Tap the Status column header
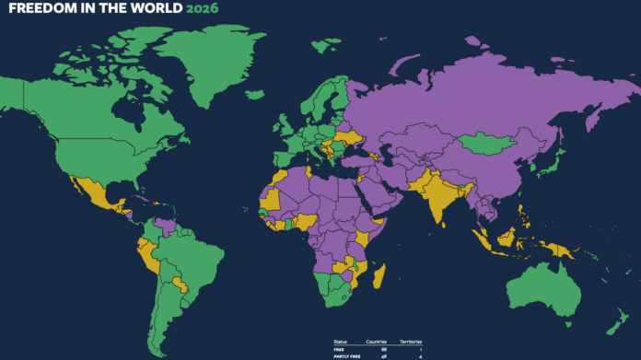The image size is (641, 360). (341, 343)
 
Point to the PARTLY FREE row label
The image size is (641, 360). (345, 355)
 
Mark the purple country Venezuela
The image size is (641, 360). (165, 225)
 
